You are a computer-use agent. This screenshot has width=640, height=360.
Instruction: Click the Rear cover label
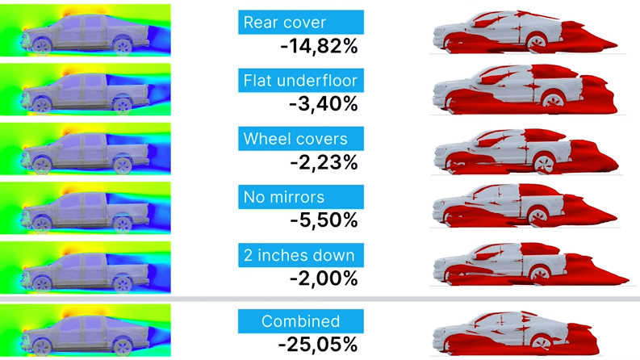pos(299,22)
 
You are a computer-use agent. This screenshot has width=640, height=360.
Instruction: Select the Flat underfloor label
pos(299,80)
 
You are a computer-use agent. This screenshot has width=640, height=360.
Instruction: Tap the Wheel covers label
pos(299,139)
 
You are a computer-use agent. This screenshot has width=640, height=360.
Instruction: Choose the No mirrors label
pos(299,197)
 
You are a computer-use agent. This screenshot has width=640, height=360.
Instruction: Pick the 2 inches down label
pos(299,256)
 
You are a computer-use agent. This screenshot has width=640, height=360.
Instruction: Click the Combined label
pos(299,321)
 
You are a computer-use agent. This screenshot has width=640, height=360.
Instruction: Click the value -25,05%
pos(319,345)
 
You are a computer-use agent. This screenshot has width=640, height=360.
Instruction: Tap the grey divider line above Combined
pos(320,299)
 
